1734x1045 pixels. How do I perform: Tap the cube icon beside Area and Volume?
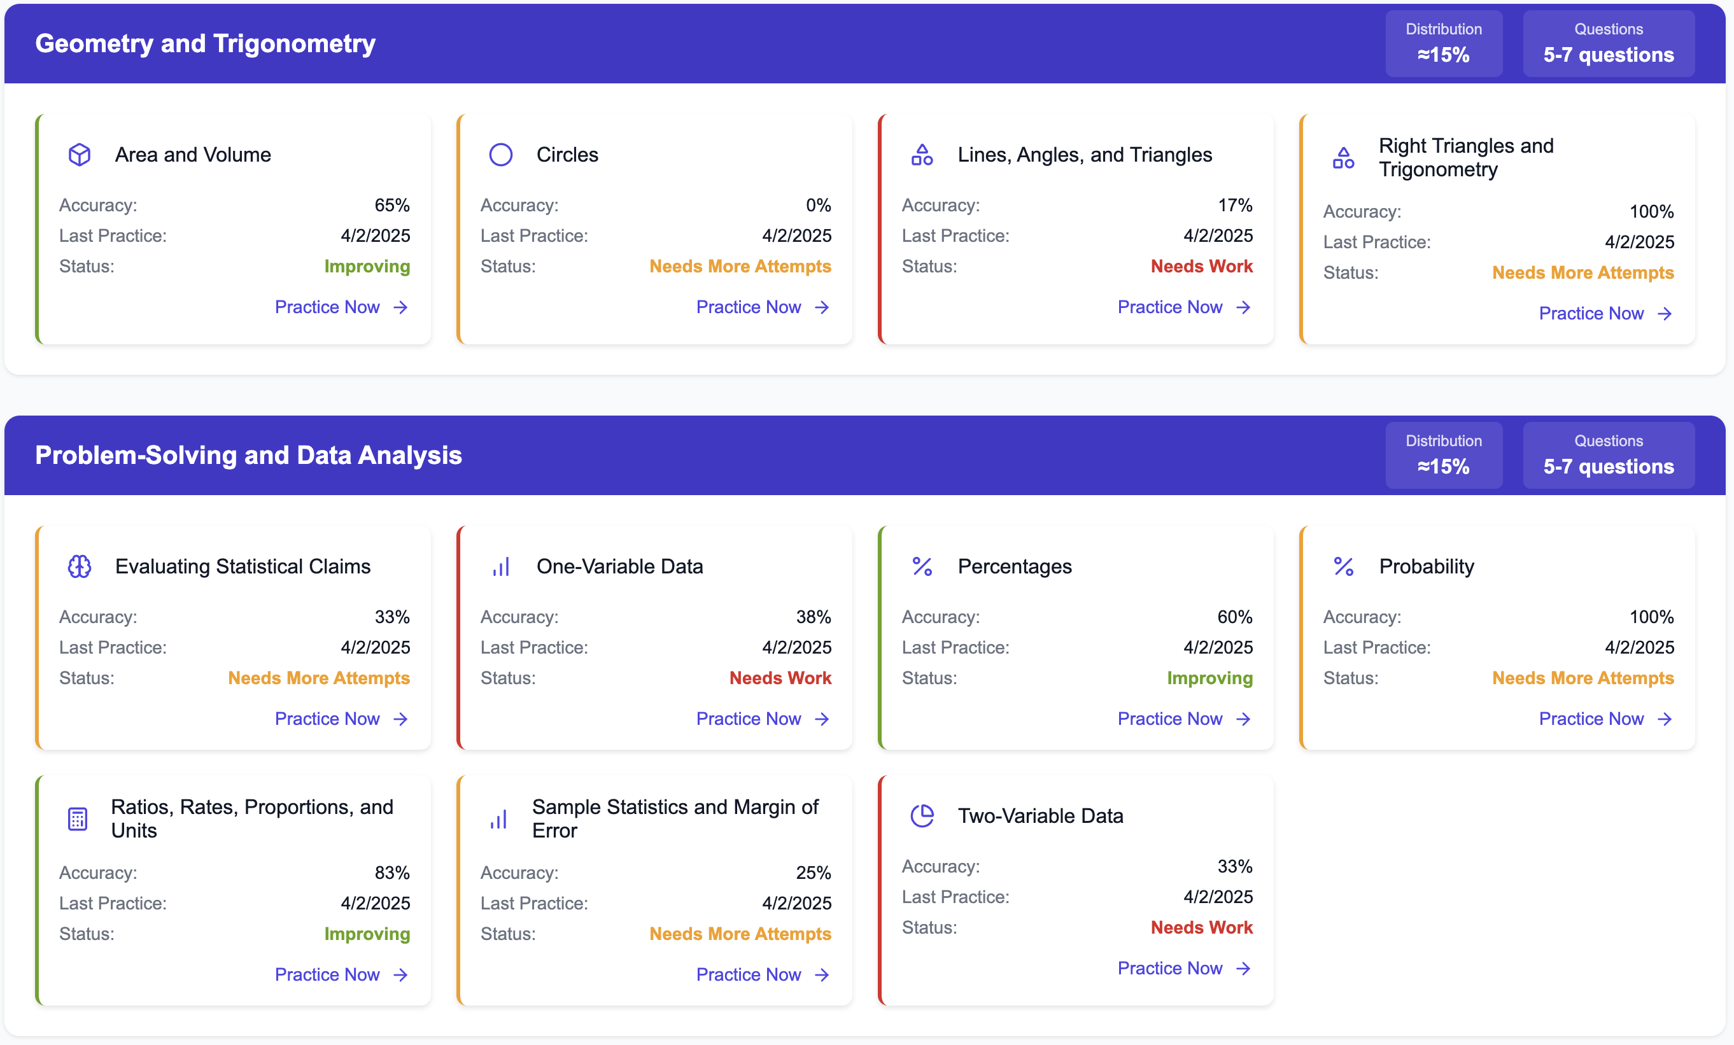pos(80,155)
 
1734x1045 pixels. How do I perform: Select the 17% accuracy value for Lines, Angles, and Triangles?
pos(1234,206)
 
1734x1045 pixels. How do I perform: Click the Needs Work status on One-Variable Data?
pos(780,678)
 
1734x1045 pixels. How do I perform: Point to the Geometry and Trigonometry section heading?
pos(205,44)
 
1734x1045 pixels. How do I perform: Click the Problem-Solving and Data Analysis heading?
pos(248,455)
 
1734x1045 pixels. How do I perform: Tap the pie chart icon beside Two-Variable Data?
pos(922,816)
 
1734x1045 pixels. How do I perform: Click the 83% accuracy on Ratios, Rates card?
pos(392,873)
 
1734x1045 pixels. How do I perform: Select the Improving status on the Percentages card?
pos(1209,678)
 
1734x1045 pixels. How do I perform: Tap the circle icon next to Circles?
pos(500,155)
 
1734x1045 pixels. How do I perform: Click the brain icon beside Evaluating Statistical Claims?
pos(80,566)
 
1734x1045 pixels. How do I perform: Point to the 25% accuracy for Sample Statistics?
pos(813,873)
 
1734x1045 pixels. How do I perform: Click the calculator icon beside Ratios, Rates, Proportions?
pos(78,818)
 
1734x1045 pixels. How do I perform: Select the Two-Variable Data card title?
pos(1040,816)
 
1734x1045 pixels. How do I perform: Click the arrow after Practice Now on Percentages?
pos(1243,719)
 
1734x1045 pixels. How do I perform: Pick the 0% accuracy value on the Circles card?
pos(818,206)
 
